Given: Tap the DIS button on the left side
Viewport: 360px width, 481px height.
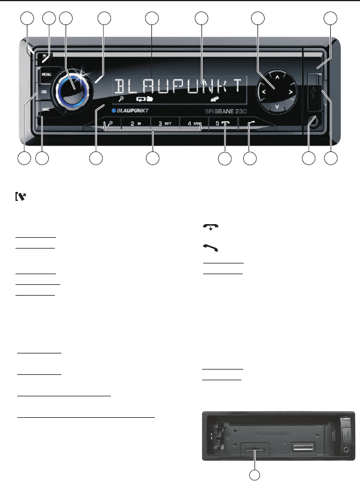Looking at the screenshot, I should (44, 93).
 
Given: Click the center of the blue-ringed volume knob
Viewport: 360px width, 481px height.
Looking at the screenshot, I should (73, 89).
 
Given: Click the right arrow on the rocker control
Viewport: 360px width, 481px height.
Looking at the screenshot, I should (290, 92).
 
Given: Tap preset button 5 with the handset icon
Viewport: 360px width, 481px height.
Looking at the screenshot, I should (223, 126).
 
